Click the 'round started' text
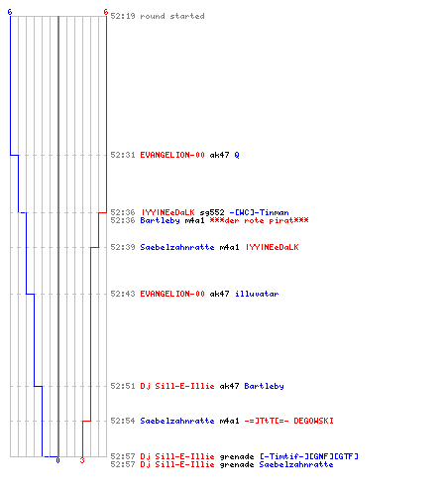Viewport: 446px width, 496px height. (x=172, y=16)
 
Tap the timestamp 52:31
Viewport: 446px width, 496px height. (x=123, y=155)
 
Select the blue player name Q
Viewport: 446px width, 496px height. (x=237, y=155)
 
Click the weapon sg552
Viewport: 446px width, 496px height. (x=212, y=212)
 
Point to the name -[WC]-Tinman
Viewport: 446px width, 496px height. (x=259, y=212)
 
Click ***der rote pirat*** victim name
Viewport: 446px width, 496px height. (x=259, y=220)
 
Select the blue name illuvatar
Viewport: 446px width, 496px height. (x=257, y=294)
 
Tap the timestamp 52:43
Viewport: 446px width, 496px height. (x=123, y=294)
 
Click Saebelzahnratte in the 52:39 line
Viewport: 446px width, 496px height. (x=177, y=247)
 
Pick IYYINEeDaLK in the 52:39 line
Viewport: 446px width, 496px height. (x=272, y=247)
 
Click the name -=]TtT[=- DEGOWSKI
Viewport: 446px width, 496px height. (x=288, y=421)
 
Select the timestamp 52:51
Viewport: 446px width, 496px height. (x=123, y=386)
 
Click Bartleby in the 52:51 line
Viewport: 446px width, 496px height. (x=264, y=386)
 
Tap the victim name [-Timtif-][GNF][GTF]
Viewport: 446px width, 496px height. (x=309, y=456)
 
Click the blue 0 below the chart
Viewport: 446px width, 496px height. (x=57, y=460)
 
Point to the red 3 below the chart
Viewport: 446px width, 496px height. (x=82, y=460)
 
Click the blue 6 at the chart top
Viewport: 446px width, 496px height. (x=10, y=12)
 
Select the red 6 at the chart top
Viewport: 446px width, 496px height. (x=106, y=12)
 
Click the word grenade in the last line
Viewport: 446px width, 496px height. (x=237, y=464)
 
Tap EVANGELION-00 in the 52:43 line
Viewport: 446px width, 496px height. (x=172, y=294)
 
